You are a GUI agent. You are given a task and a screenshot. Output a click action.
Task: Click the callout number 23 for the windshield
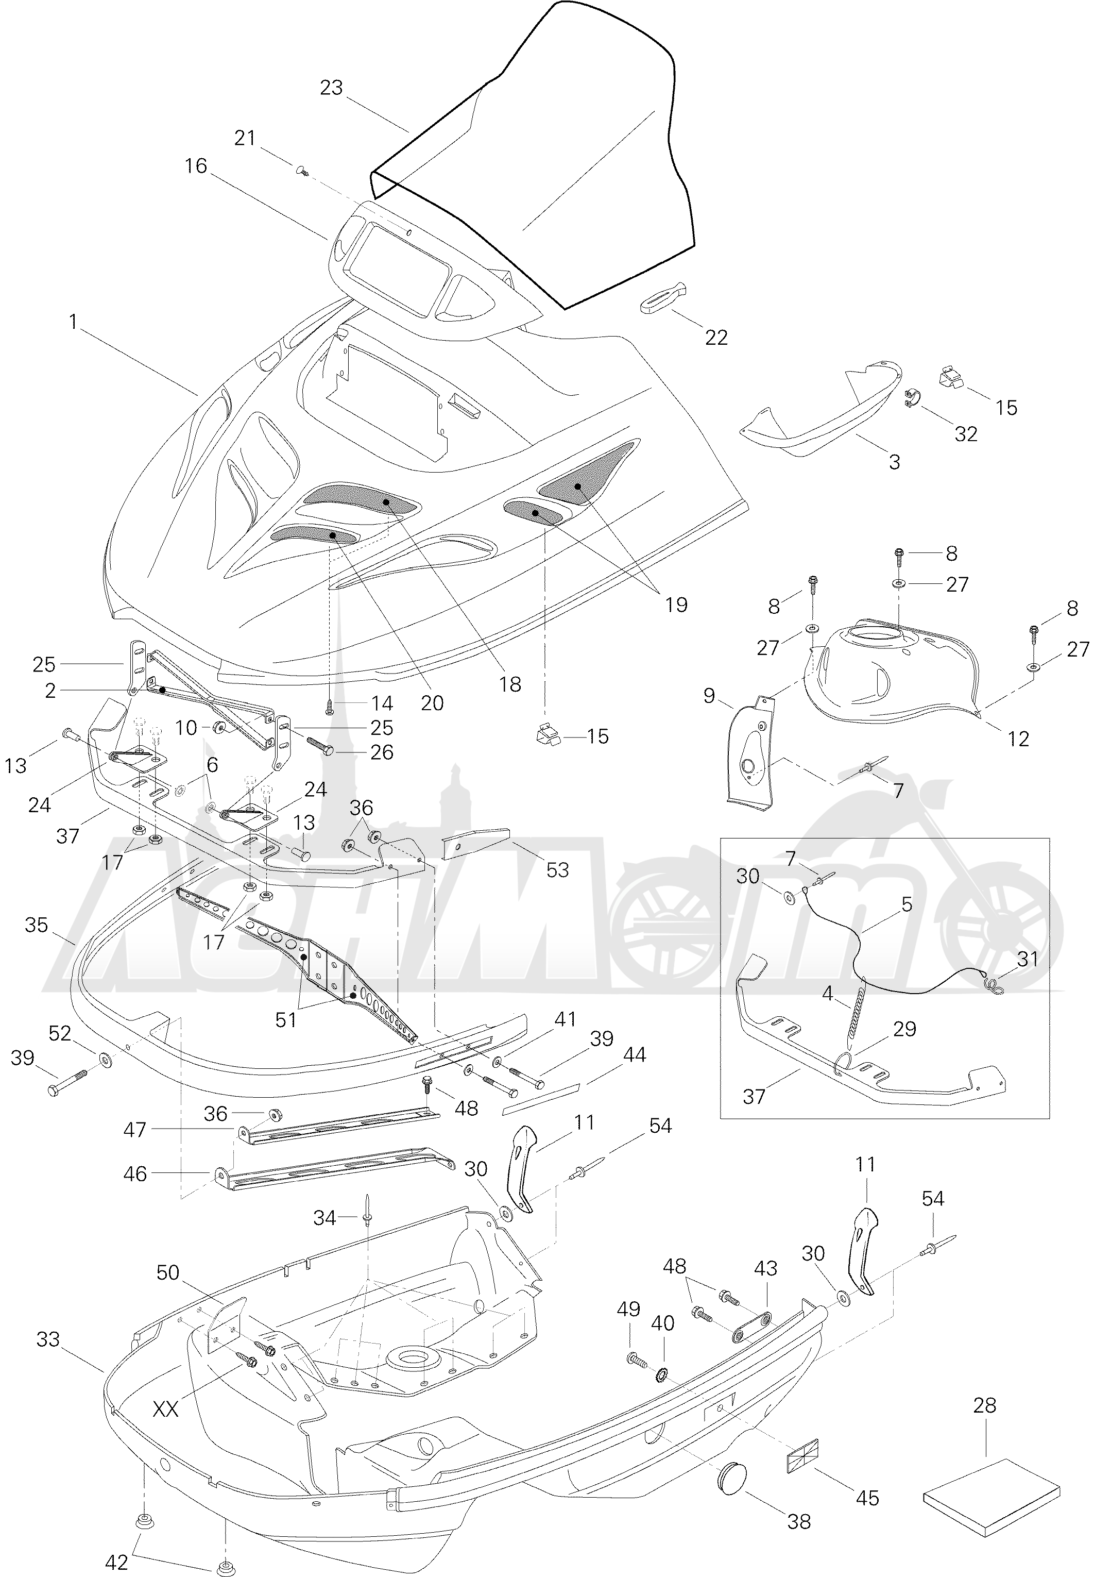pos(331,89)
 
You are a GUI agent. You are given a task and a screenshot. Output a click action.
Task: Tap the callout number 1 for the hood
pos(73,321)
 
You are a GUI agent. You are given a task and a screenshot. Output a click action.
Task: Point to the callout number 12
pos(1019,739)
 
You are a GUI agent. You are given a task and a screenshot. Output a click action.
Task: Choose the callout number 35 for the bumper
pos(37,925)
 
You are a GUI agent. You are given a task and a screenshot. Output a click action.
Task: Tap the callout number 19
pos(676,604)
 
